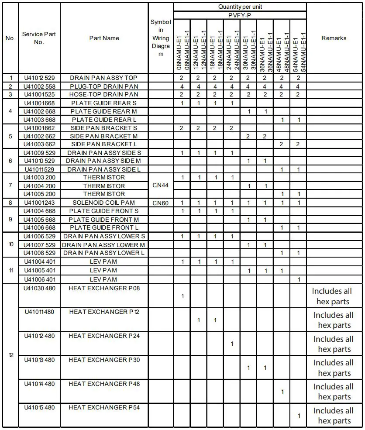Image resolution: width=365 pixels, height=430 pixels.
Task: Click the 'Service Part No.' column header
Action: (39, 38)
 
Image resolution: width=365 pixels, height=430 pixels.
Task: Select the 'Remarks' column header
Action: (334, 38)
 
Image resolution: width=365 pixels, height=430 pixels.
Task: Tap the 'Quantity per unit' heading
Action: (240, 7)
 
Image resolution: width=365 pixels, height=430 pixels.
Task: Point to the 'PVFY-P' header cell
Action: (240, 15)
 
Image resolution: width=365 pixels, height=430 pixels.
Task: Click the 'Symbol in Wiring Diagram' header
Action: (161, 38)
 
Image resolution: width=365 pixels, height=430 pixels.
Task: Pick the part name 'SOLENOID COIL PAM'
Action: (104, 203)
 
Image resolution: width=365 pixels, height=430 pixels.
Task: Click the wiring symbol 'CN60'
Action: (161, 203)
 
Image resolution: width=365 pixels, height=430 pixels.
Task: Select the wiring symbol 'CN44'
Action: (161, 186)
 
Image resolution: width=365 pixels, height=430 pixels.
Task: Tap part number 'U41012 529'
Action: (39, 78)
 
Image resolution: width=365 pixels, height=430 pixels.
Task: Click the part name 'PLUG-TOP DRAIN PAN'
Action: (104, 86)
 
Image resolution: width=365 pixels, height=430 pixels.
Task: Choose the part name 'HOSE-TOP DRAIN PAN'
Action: (104, 94)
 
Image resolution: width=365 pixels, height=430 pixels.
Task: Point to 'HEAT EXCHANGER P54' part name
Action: (104, 407)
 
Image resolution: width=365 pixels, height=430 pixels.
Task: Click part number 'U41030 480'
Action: (39, 288)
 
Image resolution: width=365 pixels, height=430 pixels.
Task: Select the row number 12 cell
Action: (10, 355)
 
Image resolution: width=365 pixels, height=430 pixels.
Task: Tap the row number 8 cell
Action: (10, 203)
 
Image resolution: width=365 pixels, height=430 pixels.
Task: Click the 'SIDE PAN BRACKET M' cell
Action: (104, 136)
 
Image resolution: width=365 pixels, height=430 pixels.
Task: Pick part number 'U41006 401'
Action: (39, 279)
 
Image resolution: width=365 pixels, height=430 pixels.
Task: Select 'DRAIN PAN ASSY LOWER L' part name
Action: (104, 253)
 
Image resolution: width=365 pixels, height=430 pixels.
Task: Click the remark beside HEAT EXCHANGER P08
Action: (334, 296)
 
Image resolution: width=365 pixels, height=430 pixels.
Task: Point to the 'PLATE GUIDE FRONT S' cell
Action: (104, 211)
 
